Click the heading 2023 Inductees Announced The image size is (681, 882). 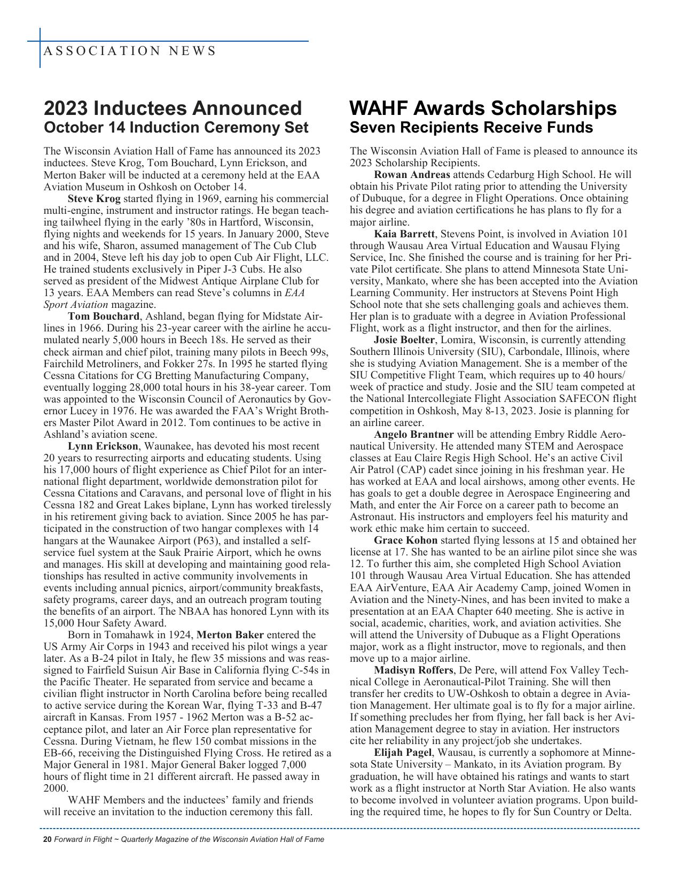coord(173,109)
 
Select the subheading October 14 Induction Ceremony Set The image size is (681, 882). coord(176,128)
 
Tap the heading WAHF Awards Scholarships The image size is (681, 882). coord(483,109)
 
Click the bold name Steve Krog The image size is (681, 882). coord(94,199)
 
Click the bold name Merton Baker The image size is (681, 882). coord(230,635)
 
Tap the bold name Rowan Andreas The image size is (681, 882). coord(412,175)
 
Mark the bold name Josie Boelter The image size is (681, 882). coord(404,340)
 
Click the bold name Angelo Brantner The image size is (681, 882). coord(413,435)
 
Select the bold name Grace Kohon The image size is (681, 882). coord(405,540)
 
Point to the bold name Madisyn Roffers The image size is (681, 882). coord(413,670)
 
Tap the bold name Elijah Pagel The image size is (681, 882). coord(402,753)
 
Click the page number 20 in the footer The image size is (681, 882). coord(47,839)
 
